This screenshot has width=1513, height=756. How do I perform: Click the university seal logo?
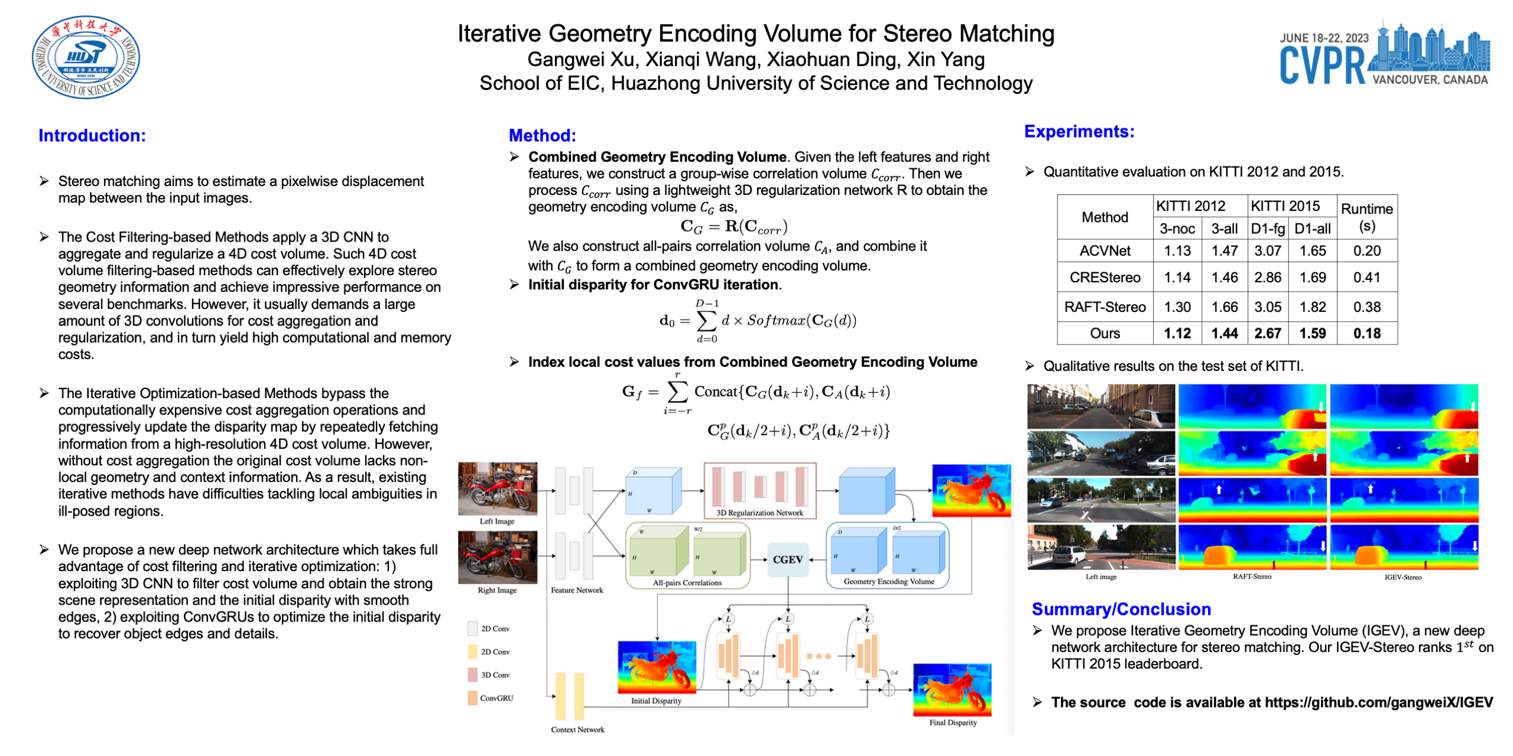(x=86, y=57)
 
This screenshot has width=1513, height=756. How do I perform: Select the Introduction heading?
(x=92, y=135)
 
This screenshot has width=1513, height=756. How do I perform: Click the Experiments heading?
(x=1079, y=131)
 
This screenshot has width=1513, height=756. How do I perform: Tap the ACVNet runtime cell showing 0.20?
(x=1366, y=250)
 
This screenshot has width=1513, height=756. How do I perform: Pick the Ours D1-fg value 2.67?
(x=1267, y=333)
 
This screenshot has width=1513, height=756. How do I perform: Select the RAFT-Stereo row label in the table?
(x=1104, y=307)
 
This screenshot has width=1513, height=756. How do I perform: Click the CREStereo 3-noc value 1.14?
(x=1177, y=277)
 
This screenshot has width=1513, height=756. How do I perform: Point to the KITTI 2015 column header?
(x=1284, y=206)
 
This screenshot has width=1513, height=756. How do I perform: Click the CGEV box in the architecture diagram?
(x=787, y=559)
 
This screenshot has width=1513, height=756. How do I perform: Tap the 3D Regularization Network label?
(x=759, y=513)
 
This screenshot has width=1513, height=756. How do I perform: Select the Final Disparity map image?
(x=952, y=689)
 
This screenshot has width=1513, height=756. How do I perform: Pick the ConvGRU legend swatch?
(x=472, y=698)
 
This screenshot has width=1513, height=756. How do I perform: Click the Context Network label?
(x=577, y=729)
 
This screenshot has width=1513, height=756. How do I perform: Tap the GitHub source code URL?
(x=1378, y=702)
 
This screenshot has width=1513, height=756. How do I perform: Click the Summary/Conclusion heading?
(x=1121, y=609)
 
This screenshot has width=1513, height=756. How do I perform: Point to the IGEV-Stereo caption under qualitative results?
(x=1402, y=577)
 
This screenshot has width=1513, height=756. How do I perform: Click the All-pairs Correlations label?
(x=687, y=582)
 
